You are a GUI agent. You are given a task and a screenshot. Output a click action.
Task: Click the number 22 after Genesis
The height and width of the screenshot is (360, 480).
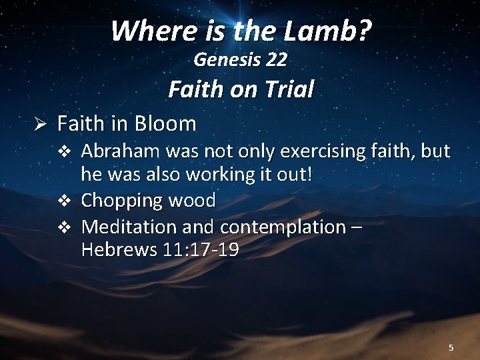[x=276, y=60]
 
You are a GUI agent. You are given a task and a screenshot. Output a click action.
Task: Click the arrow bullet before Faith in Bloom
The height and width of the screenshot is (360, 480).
[x=39, y=124]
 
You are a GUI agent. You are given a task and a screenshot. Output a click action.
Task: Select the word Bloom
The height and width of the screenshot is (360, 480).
[x=165, y=123]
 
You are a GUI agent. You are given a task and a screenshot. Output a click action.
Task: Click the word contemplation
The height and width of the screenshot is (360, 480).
[x=283, y=227]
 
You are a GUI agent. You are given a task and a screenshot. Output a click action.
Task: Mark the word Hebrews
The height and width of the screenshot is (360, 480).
[x=118, y=250]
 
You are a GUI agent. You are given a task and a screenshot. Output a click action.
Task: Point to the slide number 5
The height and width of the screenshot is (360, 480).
[x=451, y=347]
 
